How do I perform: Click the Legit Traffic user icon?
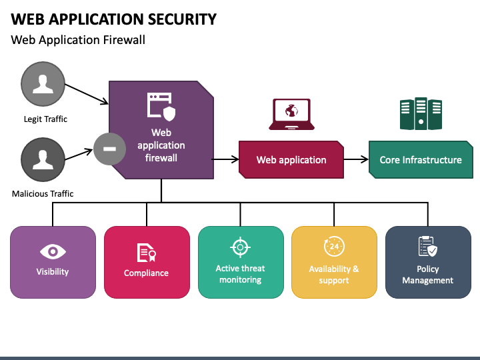pos(43,84)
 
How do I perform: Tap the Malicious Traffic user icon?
pos(43,159)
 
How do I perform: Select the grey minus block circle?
pos(109,149)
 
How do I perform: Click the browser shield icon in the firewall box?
pos(161,107)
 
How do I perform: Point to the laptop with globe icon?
pos(291,114)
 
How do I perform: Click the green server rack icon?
pos(421,113)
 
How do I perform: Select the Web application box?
pos(291,159)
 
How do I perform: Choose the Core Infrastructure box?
pos(421,159)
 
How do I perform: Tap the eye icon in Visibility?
pos(53,251)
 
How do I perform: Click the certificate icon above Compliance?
pos(146,253)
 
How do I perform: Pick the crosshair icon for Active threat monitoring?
pos(240,247)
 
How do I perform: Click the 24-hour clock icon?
pos(334,246)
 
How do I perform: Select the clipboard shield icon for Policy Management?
pos(427,246)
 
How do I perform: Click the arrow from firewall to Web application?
pos(225,159)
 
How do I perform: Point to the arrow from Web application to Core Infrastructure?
pos(356,159)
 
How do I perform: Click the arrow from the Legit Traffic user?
pos(87,94)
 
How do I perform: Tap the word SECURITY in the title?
pos(183,19)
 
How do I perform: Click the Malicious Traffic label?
pos(43,194)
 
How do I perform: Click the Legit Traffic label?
pos(45,119)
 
